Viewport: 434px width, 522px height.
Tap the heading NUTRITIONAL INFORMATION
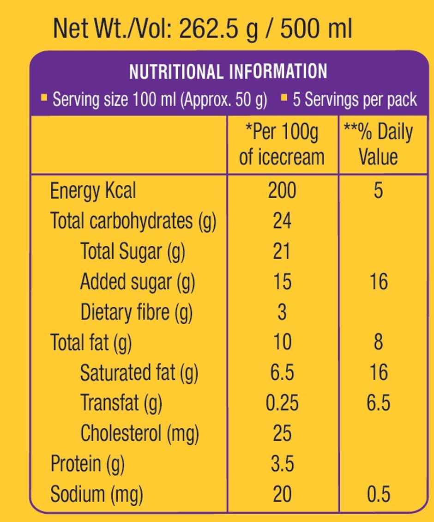pos(228,72)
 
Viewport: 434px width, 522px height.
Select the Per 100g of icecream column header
pos(282,145)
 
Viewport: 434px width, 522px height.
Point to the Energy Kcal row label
pos(93,191)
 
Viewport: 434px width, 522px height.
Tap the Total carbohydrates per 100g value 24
pos(282,221)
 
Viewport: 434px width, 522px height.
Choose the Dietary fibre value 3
pos(282,312)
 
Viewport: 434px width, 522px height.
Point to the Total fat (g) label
pos(91,343)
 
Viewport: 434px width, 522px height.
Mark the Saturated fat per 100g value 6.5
pos(282,373)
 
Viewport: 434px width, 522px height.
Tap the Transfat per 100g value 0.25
pos(282,403)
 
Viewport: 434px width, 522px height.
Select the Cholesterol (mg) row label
pos(139,434)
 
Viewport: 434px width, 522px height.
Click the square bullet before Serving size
pos(44,97)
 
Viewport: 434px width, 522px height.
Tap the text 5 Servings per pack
pos(355,99)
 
